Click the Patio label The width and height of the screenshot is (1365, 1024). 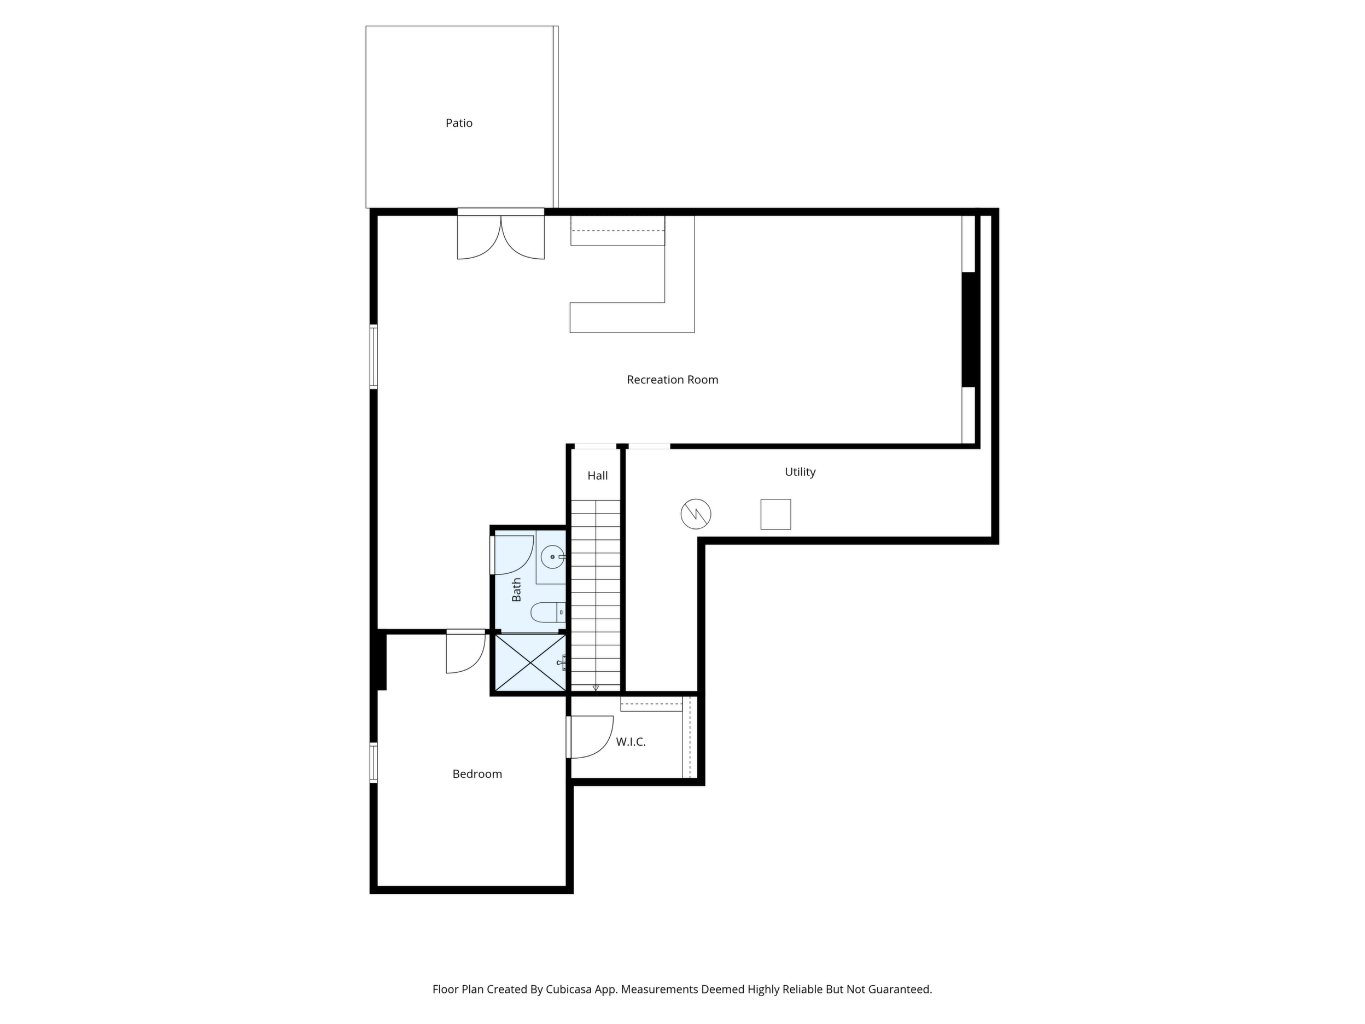coord(459,123)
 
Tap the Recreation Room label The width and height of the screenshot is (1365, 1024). coord(673,380)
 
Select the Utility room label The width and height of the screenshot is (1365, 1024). coord(801,472)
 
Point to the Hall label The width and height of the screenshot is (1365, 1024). coord(597,475)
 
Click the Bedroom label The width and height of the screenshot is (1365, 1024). coord(477,774)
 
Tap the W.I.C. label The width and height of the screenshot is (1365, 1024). coord(631,742)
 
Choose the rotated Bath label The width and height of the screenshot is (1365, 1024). coord(516,590)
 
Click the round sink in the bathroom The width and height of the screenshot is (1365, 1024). coord(552,557)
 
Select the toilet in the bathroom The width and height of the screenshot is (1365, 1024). coord(548,612)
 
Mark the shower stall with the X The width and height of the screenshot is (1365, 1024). coord(530,662)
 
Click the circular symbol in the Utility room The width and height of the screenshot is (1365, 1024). coord(696,514)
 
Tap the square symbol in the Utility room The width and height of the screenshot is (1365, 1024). coord(775,514)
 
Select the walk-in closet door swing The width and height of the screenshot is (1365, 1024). coord(592,737)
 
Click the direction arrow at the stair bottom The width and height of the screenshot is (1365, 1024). coord(596,688)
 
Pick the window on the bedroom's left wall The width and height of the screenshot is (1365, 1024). coord(374,763)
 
